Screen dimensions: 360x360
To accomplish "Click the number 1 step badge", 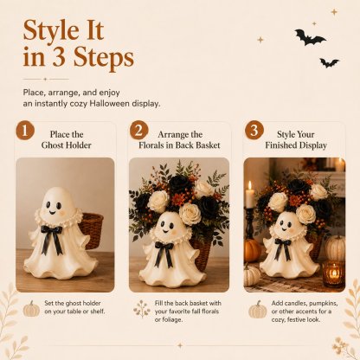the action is pos(25,131).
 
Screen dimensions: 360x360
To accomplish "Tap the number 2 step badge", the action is pos(139,130).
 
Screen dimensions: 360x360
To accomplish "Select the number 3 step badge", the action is pos(254,130).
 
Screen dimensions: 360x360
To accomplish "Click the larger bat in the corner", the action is pos(310,37).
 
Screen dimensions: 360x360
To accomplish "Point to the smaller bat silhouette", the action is pos(329,62).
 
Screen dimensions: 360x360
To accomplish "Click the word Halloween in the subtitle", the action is pos(109,104).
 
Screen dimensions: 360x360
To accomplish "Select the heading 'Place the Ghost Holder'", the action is pos(67,139).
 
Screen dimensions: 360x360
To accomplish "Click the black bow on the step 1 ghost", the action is pos(52,239).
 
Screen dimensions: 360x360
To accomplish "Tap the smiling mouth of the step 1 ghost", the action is pos(52,213).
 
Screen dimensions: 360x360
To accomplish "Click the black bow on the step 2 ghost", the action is pos(164,254).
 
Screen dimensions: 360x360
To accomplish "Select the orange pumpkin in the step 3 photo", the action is pos(252,250).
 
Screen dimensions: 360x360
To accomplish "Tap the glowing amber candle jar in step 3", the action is pos(334,273).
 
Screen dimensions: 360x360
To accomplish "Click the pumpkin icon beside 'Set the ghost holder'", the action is pos(31,308).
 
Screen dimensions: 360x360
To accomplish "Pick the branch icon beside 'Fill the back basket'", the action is pos(142,309).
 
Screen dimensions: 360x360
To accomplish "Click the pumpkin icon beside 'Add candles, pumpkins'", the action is pos(258,309).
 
